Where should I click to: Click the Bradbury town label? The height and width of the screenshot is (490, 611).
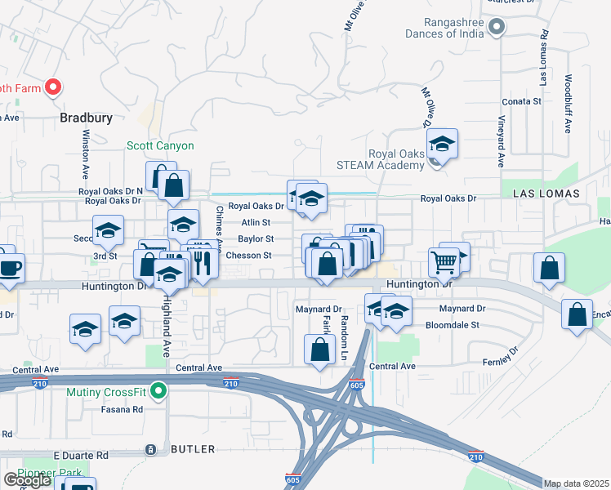point(86,118)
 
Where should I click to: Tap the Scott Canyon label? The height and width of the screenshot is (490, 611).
point(160,145)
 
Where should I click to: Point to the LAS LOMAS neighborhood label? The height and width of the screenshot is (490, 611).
point(546,194)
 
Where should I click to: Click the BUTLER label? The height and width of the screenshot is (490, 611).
point(193,449)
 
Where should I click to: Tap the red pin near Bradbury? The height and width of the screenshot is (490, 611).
point(53,87)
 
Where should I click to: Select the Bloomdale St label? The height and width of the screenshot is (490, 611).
point(452,324)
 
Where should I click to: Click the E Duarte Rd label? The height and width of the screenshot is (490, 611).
point(81,454)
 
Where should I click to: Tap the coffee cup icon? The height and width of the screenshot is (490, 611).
point(10,268)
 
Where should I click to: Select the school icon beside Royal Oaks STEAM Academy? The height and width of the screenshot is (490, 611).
point(442,144)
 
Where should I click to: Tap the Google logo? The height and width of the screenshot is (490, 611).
point(26,479)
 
